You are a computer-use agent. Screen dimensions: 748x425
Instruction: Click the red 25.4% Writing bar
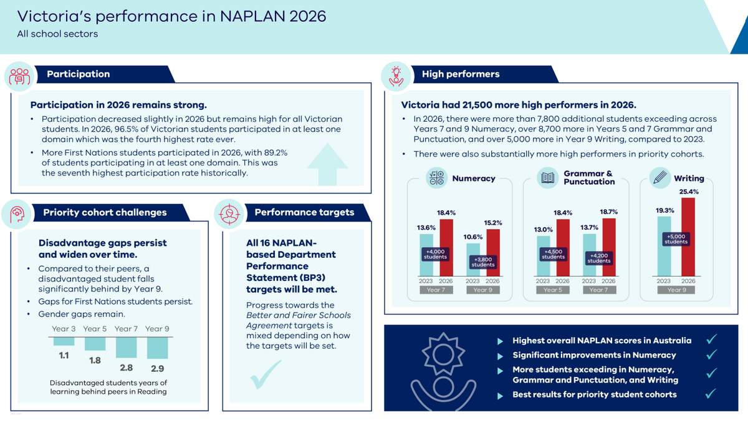tap(688, 237)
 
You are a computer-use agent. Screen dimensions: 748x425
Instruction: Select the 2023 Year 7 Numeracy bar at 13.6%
tap(426, 255)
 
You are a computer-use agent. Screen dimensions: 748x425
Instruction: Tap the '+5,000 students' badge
tap(676, 239)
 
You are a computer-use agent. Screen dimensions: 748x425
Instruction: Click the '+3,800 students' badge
tap(482, 262)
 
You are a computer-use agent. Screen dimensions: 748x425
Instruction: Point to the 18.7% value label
tap(609, 212)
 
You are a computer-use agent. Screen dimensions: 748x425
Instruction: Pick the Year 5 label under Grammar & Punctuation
tap(553, 290)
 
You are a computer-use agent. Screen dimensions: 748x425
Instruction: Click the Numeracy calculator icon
tap(436, 178)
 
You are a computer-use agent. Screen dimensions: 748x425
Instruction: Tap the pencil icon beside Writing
tap(660, 178)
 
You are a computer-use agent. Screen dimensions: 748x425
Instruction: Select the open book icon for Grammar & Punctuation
tap(548, 178)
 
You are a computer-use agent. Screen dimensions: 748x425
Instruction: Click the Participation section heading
tap(78, 74)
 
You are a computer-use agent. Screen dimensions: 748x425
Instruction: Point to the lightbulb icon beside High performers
tap(396, 77)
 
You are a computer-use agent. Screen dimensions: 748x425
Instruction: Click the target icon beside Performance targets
tap(229, 214)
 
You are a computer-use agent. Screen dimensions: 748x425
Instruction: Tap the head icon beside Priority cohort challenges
tap(17, 214)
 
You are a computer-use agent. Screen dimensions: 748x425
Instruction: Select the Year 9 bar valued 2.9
tap(157, 348)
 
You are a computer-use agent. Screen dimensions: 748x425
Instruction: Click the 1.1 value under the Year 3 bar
tap(64, 356)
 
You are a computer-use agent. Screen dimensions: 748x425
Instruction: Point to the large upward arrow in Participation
tap(327, 165)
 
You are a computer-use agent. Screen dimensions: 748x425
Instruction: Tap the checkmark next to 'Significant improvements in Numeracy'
tap(712, 354)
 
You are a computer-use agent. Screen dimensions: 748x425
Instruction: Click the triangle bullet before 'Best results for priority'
tap(500, 396)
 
